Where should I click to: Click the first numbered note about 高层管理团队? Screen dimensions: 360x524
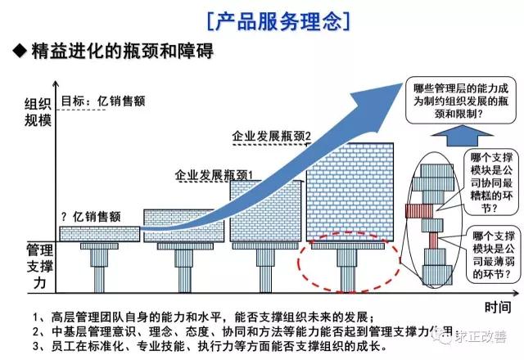[205, 317]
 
